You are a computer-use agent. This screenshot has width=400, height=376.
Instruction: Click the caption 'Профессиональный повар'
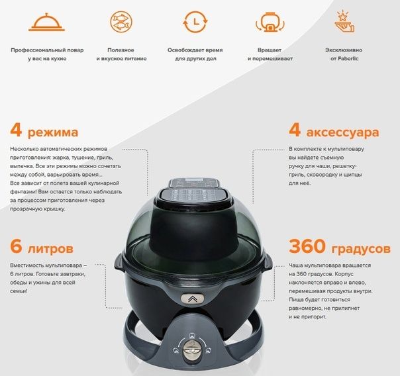click(x=46, y=50)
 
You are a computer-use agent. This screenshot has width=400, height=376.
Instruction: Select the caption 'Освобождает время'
click(x=196, y=50)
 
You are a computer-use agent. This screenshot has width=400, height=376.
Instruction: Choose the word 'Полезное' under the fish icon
click(x=121, y=50)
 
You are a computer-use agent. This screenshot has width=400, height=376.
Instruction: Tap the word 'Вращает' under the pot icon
click(x=269, y=50)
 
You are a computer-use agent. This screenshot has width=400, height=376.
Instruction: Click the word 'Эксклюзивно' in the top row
click(x=342, y=50)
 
